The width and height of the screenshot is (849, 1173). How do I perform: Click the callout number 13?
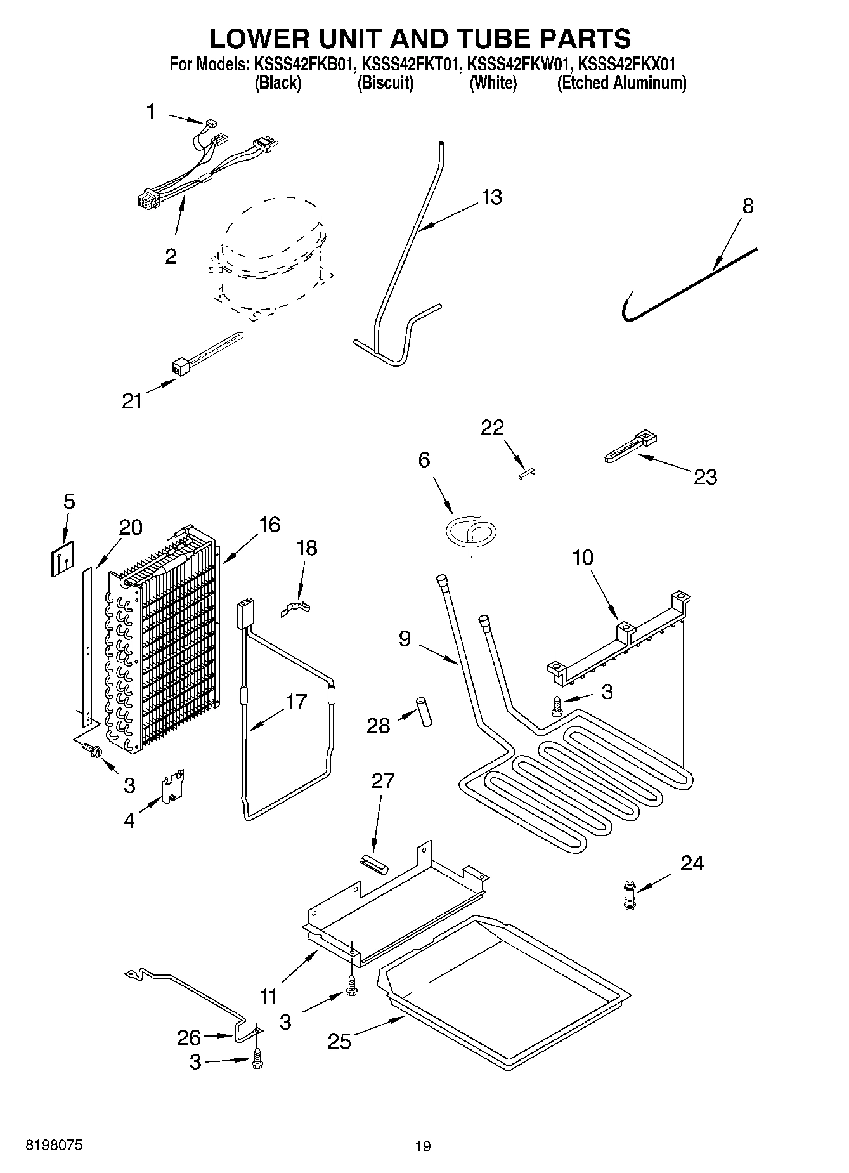coord(491,197)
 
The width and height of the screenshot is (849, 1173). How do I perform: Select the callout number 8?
coord(748,206)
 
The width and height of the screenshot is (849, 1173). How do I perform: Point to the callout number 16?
coord(269,525)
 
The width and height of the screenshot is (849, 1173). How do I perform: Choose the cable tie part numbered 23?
coord(629,445)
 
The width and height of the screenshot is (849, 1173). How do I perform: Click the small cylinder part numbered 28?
coord(423,712)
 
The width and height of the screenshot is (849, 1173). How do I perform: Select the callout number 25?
coord(339,1042)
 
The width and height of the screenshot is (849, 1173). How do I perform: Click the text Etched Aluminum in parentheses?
coord(621,83)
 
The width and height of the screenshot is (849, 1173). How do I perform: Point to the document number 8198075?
coord(54,1145)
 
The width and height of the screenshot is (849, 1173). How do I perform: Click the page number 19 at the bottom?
coord(423,1146)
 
